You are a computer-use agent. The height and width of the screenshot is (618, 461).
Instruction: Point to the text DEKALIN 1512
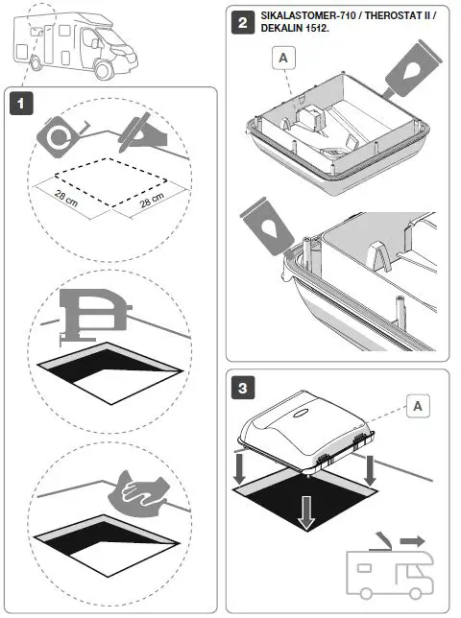tap(293, 30)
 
